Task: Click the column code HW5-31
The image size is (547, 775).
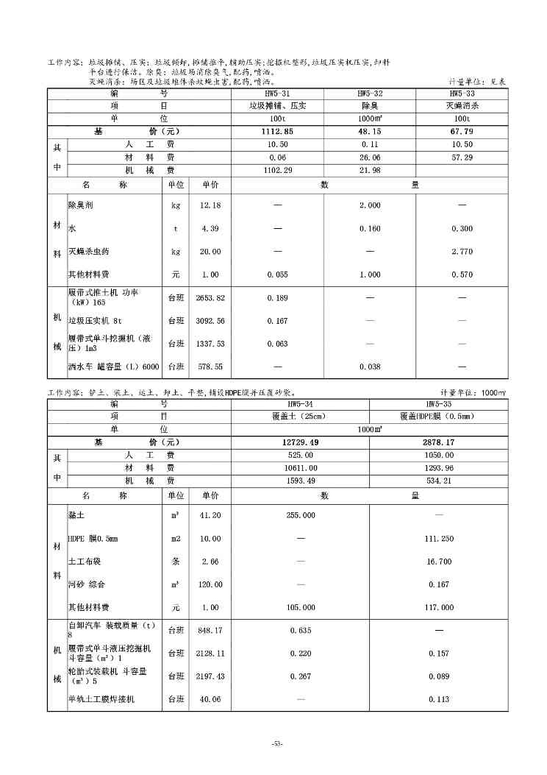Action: (x=277, y=94)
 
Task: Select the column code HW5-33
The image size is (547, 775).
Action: (x=462, y=94)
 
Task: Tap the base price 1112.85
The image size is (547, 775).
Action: (x=277, y=132)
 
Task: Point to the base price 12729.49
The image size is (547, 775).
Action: (x=300, y=442)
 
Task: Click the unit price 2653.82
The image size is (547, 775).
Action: (x=210, y=298)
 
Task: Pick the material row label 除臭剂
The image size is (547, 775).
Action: (x=81, y=205)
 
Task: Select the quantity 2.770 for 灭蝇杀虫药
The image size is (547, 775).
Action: (x=462, y=252)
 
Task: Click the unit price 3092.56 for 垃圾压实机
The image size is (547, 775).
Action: (x=210, y=321)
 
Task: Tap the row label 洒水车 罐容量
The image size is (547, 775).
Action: (x=113, y=367)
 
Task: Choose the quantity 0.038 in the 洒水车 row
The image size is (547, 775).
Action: (x=370, y=367)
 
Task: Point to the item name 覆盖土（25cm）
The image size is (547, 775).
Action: (x=300, y=416)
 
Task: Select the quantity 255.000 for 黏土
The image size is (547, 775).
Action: (x=300, y=515)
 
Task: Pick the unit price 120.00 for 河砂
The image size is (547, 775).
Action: (x=210, y=584)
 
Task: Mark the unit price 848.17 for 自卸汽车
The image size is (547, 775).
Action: (x=210, y=630)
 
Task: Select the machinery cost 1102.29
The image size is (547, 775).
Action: (x=277, y=171)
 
